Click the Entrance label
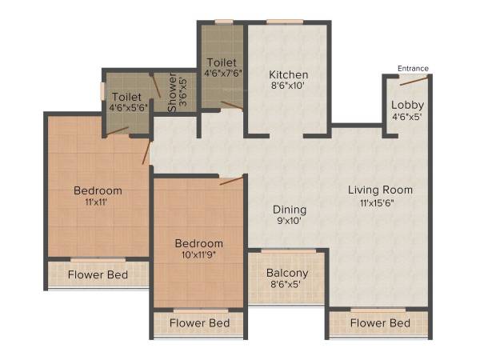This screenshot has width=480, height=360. click(x=413, y=68)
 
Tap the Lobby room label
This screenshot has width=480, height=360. click(x=407, y=105)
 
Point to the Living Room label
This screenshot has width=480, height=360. click(x=380, y=190)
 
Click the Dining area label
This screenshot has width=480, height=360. click(x=289, y=210)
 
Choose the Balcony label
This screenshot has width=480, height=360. click(x=287, y=273)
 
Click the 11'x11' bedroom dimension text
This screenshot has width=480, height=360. click(x=98, y=203)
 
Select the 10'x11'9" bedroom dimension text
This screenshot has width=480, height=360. click(x=199, y=256)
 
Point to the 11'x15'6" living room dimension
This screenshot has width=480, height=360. click(x=381, y=203)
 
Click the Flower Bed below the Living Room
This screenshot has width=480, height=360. click(x=381, y=323)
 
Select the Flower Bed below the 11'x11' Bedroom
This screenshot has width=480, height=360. click(x=98, y=275)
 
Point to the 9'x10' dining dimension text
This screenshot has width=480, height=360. click(x=289, y=222)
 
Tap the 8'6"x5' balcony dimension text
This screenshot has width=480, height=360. click(x=287, y=286)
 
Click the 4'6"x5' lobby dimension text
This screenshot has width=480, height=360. click(x=407, y=117)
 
